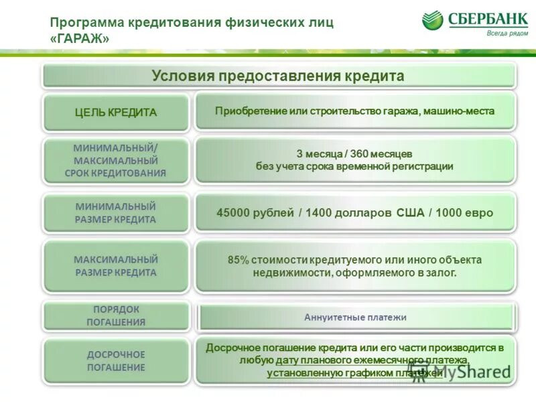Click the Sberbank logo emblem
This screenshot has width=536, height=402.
(x=433, y=19)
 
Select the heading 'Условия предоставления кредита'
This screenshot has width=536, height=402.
(x=278, y=76)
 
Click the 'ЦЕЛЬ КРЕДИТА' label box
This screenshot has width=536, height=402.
(x=116, y=113)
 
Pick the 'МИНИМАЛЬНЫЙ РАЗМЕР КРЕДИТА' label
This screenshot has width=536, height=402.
(x=116, y=212)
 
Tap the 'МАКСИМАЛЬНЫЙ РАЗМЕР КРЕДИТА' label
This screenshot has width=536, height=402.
(x=116, y=265)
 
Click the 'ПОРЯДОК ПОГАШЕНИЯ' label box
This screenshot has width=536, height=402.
(x=116, y=316)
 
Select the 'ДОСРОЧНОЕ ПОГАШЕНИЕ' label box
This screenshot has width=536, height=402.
(x=116, y=360)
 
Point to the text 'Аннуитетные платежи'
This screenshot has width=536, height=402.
(x=355, y=317)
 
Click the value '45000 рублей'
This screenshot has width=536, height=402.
(x=255, y=213)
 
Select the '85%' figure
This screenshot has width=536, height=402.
(x=238, y=260)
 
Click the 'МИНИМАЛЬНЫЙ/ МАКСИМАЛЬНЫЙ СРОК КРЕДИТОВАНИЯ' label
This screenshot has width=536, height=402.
(x=116, y=160)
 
